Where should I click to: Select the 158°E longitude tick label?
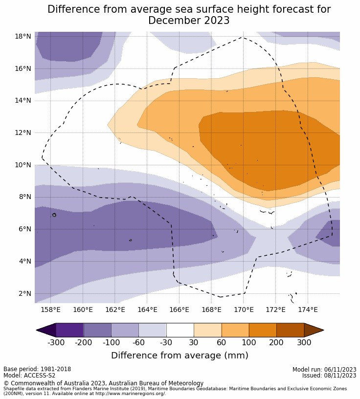[x=50, y=310]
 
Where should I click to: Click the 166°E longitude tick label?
[x=179, y=310]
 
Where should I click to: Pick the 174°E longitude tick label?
[x=308, y=310]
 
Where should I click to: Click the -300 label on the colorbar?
[x=56, y=342]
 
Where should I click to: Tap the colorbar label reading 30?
[x=194, y=342]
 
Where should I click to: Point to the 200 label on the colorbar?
[x=276, y=342]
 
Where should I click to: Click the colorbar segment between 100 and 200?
[x=263, y=330]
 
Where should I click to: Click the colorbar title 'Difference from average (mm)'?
[x=180, y=355]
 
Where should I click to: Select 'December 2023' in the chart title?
[x=189, y=21]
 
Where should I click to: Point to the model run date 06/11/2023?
[x=338, y=370]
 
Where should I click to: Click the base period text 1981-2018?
[x=55, y=370]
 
